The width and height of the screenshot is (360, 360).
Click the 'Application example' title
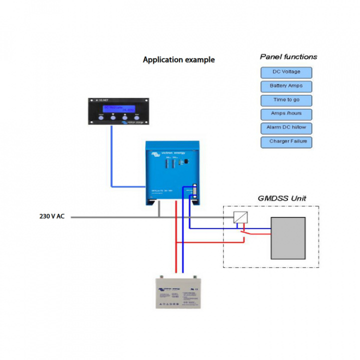point(178,60)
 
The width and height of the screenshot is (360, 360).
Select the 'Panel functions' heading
point(288,57)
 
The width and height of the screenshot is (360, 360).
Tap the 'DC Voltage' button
point(286,72)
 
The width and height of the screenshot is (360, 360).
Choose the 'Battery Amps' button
point(286,86)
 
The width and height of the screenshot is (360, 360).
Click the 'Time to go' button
point(286,100)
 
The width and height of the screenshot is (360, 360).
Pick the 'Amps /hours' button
point(286,114)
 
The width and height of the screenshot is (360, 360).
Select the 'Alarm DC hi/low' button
point(286,128)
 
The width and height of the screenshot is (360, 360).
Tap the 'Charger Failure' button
point(286,142)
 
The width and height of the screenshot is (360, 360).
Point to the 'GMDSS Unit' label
point(281,198)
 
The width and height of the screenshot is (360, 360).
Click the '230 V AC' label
point(52,216)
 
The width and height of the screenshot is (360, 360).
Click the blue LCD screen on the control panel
point(118,108)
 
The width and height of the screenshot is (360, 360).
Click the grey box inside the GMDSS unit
point(287,236)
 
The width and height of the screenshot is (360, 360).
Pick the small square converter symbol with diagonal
point(240,217)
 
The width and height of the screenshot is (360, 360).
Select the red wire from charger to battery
point(176,240)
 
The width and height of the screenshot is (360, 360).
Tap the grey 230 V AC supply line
point(115,217)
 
